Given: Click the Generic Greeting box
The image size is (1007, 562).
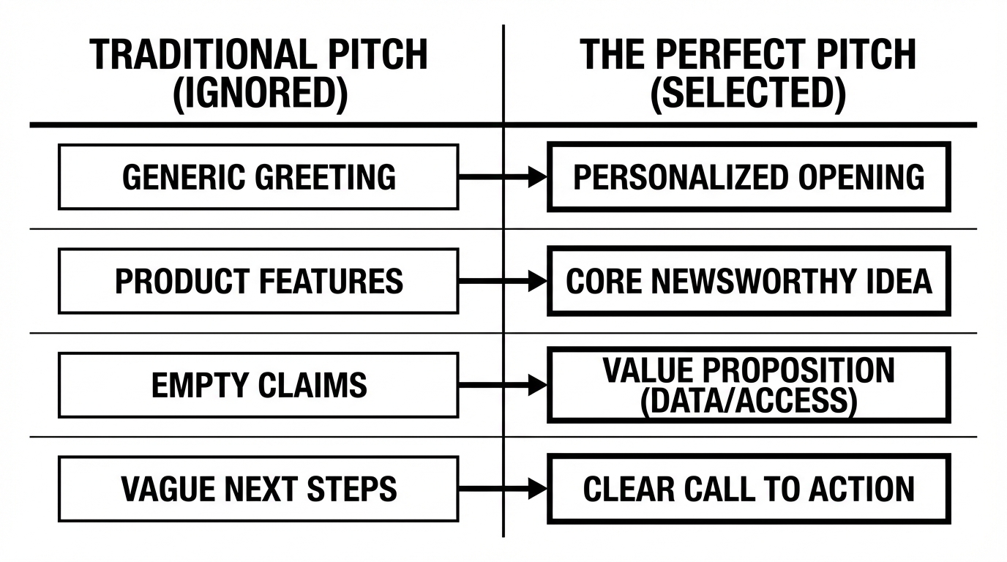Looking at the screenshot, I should [x=258, y=177].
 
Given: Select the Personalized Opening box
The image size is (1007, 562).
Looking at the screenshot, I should [x=748, y=177].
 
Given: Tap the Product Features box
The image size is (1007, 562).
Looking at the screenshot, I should [x=258, y=281].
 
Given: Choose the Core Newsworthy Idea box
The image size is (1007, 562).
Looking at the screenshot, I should [x=748, y=281].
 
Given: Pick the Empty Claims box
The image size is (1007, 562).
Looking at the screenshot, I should [x=258, y=385].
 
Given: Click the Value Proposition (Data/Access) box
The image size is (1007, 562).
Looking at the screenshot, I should [x=748, y=385].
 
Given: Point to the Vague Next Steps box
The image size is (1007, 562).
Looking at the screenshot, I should [x=258, y=489].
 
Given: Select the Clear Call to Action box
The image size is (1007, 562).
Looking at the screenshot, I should [x=748, y=489].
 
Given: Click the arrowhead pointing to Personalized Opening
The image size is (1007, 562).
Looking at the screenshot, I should [x=538, y=177].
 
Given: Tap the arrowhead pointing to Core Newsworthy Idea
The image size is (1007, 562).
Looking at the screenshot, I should [x=538, y=281].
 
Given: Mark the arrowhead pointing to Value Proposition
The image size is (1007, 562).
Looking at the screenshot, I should [x=538, y=385].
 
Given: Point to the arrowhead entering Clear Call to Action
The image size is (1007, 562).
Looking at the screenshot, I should [x=538, y=489].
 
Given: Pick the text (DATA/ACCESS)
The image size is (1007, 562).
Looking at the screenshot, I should [x=748, y=402].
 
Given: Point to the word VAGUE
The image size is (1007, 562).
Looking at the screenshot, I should [x=161, y=489].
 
